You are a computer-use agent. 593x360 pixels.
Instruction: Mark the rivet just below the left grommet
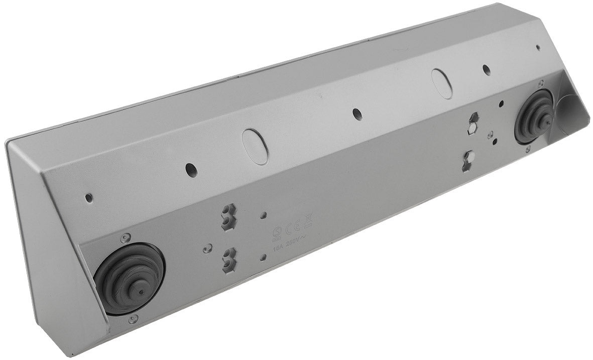[x=133, y=319]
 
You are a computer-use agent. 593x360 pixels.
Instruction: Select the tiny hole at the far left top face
[x=88, y=198]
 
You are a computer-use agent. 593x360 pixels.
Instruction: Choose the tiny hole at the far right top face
[x=538, y=48]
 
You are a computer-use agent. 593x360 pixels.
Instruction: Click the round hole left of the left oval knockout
[x=190, y=169]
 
